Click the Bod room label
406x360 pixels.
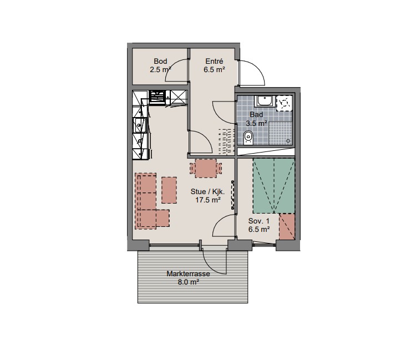click(160, 62)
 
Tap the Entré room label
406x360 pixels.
click(214, 62)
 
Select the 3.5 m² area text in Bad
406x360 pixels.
click(256, 123)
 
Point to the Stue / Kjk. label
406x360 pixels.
click(207, 192)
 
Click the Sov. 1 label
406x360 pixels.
click(259, 221)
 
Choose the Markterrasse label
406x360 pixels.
click(188, 274)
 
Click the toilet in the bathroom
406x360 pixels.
click(248, 137)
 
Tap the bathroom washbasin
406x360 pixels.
click(264, 101)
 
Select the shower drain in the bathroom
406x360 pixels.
click(288, 141)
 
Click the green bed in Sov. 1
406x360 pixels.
click(273, 186)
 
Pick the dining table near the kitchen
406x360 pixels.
click(206, 168)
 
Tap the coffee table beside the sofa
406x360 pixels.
click(169, 190)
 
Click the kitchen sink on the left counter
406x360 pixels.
click(139, 125)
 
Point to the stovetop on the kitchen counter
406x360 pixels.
click(158, 97)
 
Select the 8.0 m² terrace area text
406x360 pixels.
click(188, 282)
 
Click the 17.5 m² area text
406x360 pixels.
click(208, 200)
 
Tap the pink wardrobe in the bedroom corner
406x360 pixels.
click(287, 227)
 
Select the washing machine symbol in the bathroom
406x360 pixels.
click(284, 103)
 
